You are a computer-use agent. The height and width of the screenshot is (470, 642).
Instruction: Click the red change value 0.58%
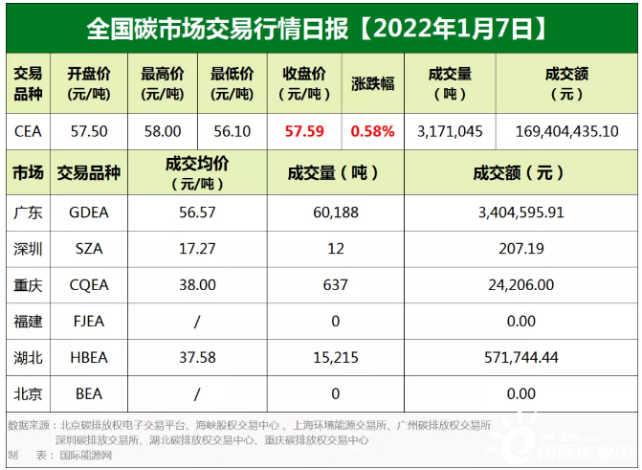372,131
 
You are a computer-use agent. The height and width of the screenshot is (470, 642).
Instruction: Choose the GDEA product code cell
89,213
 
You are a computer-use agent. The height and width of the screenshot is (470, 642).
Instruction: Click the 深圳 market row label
28,249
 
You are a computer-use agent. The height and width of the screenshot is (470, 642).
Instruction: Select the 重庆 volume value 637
334,285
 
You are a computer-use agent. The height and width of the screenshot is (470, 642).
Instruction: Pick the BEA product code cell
89,392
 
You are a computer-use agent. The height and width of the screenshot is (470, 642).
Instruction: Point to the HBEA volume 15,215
334,357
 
